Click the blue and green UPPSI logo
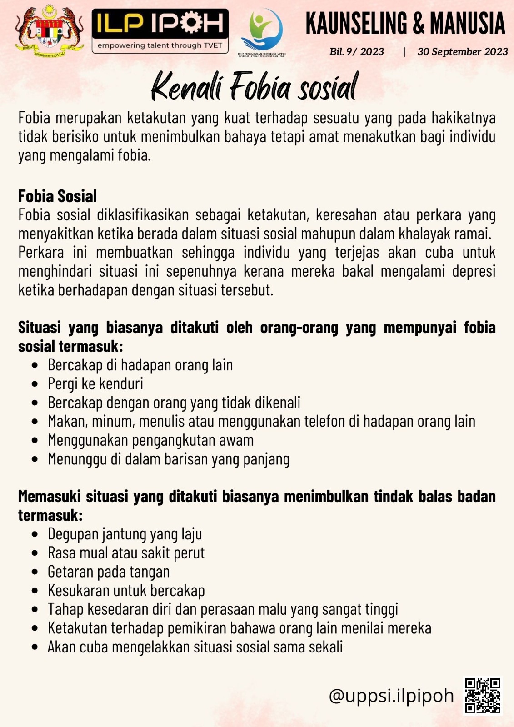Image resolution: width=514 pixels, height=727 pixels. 262,31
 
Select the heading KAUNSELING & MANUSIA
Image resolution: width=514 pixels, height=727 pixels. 405,23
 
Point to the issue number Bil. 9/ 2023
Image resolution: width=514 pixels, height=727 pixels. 357,52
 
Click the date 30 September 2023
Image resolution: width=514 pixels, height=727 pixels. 462,52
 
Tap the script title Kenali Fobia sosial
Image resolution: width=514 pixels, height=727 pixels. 255,86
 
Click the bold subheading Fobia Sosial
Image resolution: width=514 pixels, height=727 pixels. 58,196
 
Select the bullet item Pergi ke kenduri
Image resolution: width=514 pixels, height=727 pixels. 95,384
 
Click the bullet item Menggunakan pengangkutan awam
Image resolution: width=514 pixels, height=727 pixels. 150,440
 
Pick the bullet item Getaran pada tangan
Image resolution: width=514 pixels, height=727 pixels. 109,572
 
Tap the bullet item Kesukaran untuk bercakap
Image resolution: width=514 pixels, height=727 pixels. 126,591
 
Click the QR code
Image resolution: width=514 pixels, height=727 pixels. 483,695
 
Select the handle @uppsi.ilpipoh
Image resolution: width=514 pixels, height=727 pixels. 391,696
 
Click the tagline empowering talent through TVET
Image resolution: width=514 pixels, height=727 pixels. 160,45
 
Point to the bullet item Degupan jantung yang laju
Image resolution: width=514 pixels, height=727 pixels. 125,534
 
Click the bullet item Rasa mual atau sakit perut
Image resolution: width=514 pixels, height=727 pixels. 126,553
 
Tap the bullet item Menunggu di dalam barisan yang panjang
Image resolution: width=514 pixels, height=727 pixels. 168,459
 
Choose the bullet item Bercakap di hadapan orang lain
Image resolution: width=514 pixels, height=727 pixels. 140,365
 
